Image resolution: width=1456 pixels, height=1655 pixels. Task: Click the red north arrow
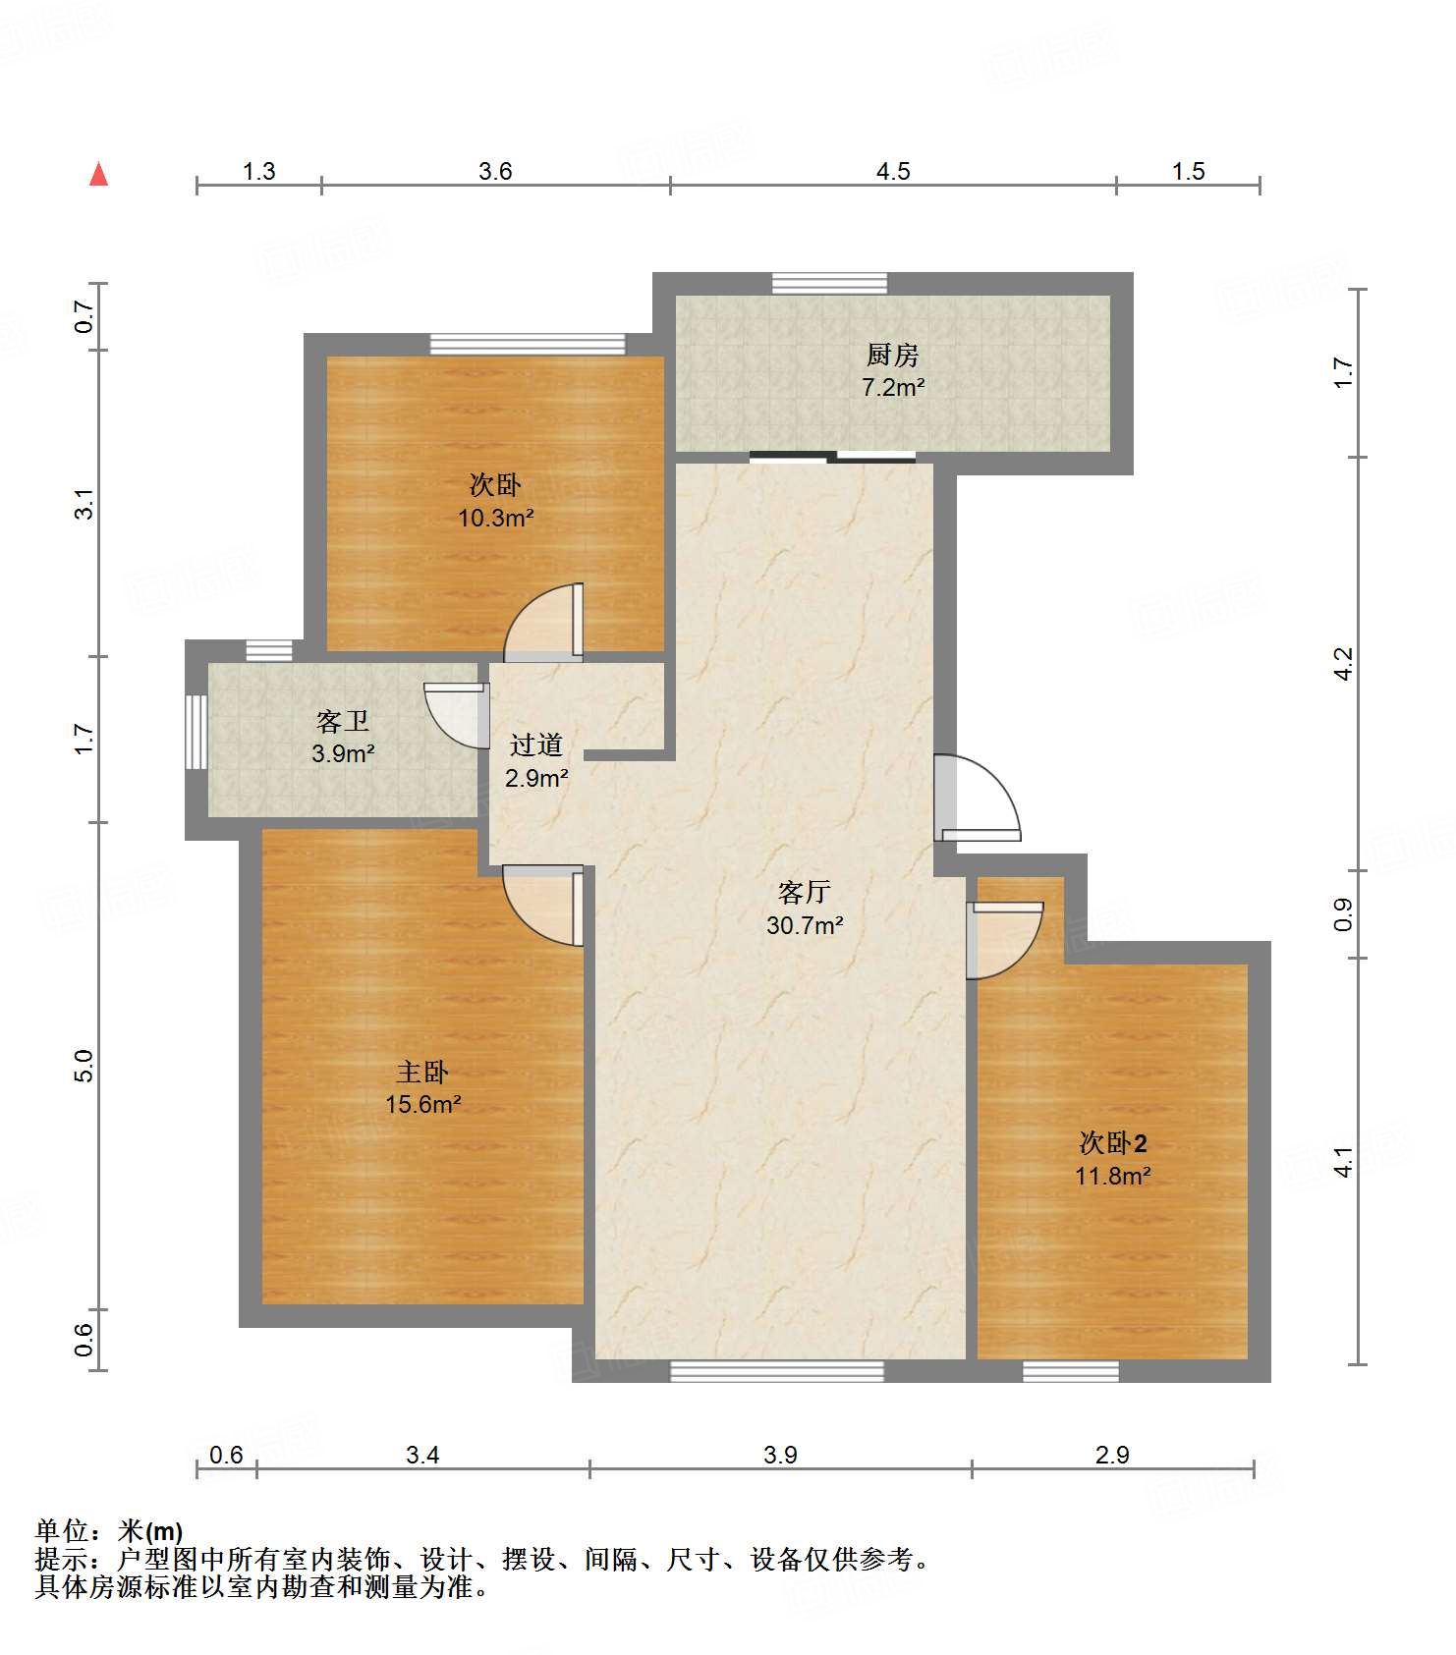(x=98, y=174)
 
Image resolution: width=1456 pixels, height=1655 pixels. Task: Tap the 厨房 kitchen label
(x=892, y=355)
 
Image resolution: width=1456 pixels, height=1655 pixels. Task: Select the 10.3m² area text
(x=495, y=518)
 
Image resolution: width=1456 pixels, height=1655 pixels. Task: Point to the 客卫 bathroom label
(x=343, y=722)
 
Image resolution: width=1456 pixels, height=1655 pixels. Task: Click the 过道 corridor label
(x=536, y=745)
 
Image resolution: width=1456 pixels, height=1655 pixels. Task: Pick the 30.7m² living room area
(x=805, y=925)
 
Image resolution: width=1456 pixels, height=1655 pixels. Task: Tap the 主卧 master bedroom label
(x=422, y=1072)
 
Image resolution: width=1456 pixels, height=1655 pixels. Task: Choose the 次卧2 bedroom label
(x=1113, y=1143)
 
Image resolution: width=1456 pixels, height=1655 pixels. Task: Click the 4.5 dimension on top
(x=893, y=171)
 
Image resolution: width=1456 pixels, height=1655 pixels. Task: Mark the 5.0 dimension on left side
(x=84, y=1066)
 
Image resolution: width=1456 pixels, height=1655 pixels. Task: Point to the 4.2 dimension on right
(x=1343, y=663)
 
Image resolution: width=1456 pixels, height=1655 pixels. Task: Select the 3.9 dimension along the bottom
(x=780, y=1455)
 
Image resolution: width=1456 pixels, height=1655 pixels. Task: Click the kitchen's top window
(x=829, y=283)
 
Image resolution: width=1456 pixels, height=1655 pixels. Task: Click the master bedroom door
(x=543, y=906)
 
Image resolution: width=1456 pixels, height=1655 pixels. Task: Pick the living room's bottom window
(x=777, y=1371)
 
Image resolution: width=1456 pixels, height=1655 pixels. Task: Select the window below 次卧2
(x=1071, y=1371)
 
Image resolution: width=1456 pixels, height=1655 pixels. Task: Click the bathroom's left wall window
(x=196, y=732)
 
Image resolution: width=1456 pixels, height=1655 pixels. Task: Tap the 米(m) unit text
(x=150, y=1530)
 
